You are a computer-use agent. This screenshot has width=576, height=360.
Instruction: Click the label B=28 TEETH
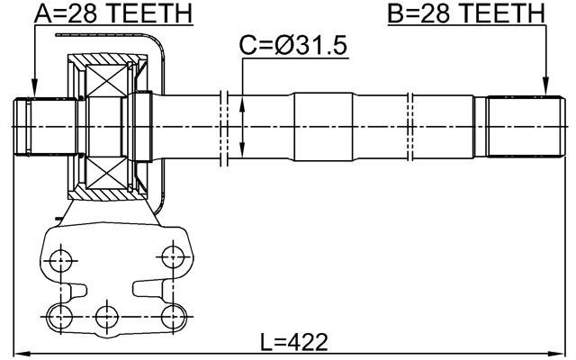point(466,13)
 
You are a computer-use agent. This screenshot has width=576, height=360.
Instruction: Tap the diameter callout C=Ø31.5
point(293,45)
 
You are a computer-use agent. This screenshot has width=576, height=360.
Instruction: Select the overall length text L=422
point(293,342)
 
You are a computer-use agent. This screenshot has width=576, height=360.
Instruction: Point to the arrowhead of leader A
point(33,92)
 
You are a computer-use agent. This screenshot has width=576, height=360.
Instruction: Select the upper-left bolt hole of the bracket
point(61,262)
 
